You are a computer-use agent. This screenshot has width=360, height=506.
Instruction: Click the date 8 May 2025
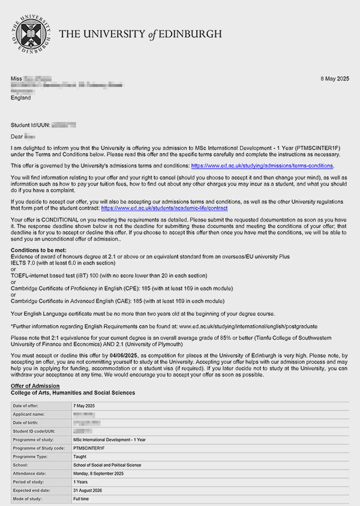click(x=334, y=79)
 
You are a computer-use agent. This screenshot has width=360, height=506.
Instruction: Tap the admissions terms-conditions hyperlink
click(x=262, y=165)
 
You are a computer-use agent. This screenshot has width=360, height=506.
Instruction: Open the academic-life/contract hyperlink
click(x=165, y=208)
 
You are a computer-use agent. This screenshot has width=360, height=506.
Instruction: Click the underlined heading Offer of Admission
click(x=35, y=385)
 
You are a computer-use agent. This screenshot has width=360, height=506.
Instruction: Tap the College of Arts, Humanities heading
click(x=73, y=393)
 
